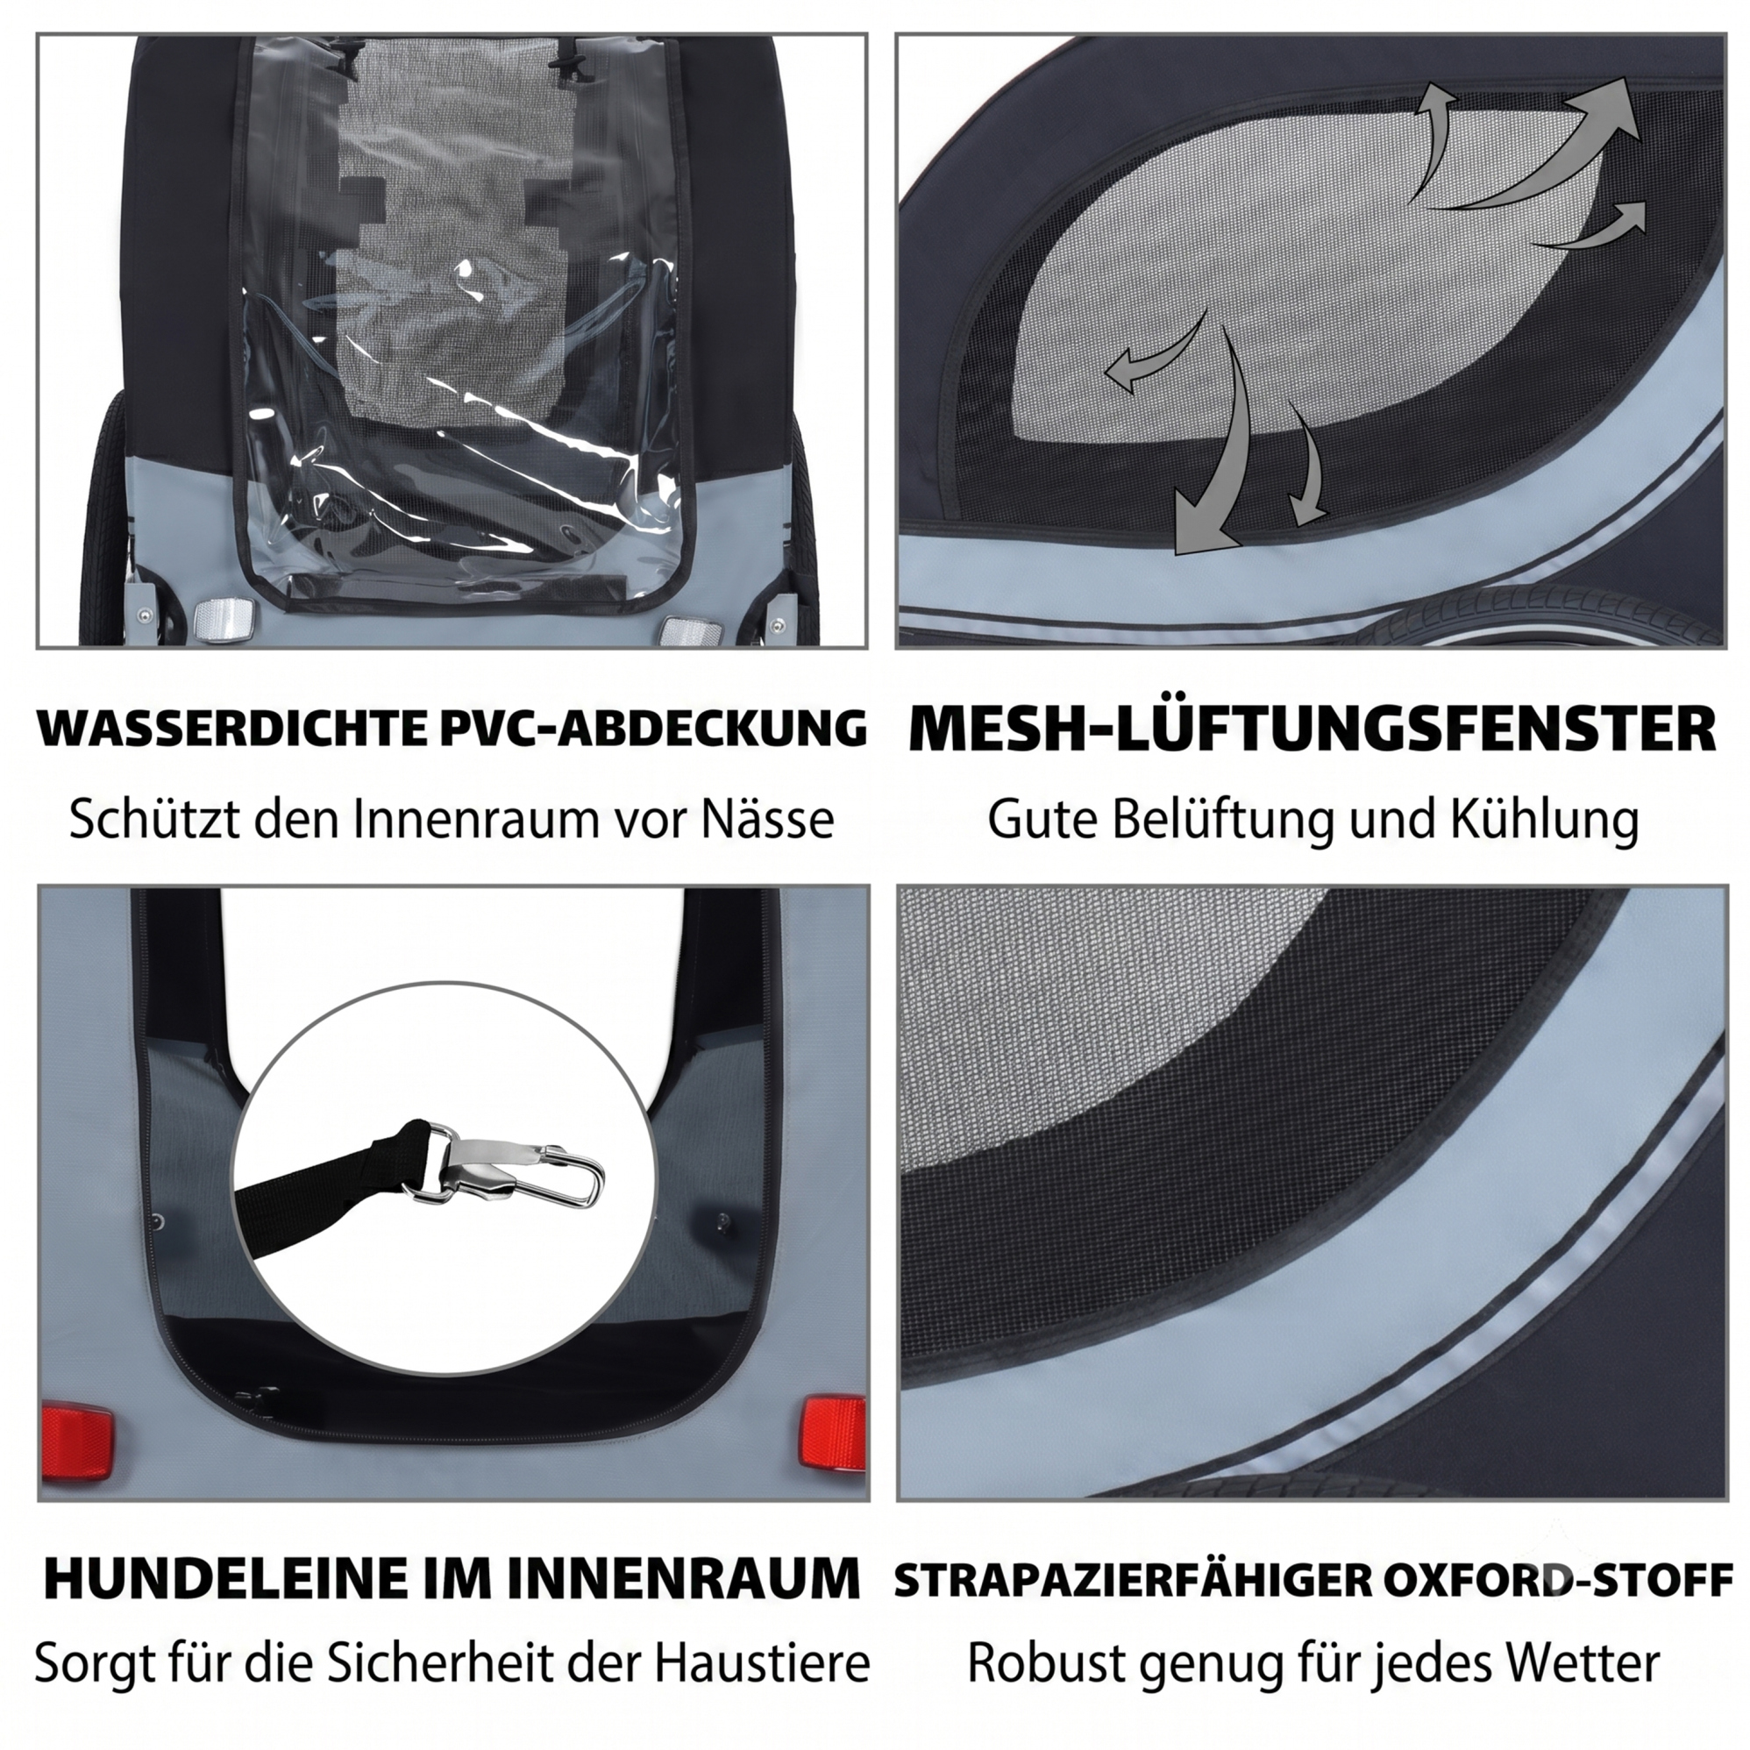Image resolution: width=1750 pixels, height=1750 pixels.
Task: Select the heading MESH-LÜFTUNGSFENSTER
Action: click(x=1312, y=729)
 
